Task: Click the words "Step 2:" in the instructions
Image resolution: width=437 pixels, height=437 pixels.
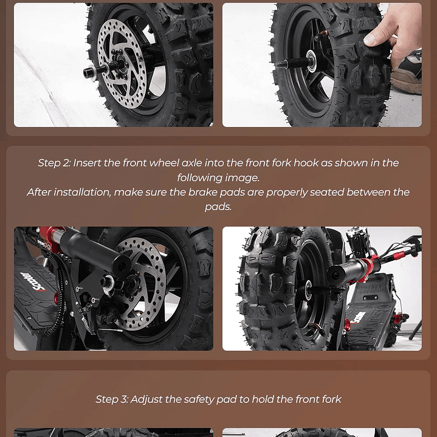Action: pyautogui.click(x=54, y=163)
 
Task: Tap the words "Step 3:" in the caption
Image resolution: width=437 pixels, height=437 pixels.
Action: pyautogui.click(x=112, y=399)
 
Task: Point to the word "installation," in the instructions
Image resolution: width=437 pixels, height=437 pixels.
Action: pyautogui.click(x=82, y=192)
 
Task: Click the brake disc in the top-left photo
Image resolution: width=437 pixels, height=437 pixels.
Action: pyautogui.click(x=122, y=64)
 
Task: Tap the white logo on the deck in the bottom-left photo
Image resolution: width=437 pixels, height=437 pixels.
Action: pyautogui.click(x=33, y=281)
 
